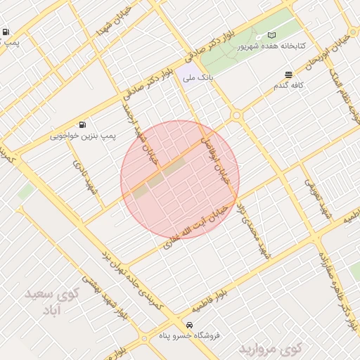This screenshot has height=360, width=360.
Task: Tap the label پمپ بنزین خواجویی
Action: [84, 134]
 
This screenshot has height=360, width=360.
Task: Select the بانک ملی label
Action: [198, 78]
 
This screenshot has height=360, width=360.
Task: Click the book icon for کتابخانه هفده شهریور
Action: [271, 35]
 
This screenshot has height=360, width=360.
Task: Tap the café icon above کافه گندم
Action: [288, 75]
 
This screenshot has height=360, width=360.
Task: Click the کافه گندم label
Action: [288, 85]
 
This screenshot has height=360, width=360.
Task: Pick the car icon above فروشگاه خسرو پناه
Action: [190, 326]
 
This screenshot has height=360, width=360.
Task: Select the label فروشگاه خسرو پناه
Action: [190, 336]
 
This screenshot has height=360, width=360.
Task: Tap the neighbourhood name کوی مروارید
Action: [269, 347]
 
